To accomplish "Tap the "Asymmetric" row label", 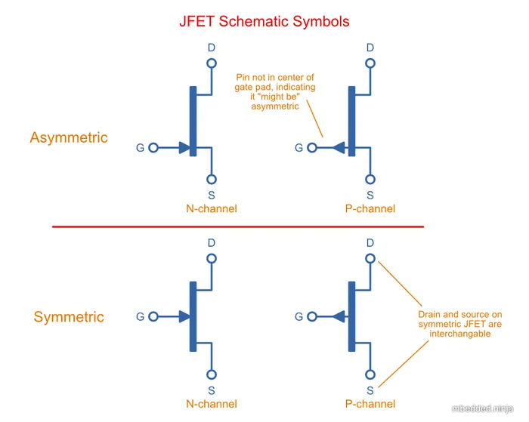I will (69, 137).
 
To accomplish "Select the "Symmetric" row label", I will (69, 317).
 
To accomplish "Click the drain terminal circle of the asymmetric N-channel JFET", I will (212, 66).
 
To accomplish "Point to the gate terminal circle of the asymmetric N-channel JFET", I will (153, 148).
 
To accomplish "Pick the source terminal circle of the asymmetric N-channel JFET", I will (212, 179).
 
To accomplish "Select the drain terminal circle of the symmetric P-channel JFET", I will (370, 259).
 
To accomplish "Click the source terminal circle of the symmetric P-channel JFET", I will (370, 374).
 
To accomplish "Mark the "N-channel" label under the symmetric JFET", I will (212, 405).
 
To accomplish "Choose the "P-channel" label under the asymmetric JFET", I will (370, 208).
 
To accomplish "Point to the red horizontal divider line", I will (237, 226).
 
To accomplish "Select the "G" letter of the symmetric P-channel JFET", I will (299, 317).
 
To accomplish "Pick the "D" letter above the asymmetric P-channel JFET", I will (370, 48).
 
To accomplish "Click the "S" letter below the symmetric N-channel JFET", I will (212, 390).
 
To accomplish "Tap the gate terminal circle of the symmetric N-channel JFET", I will (153, 317).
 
